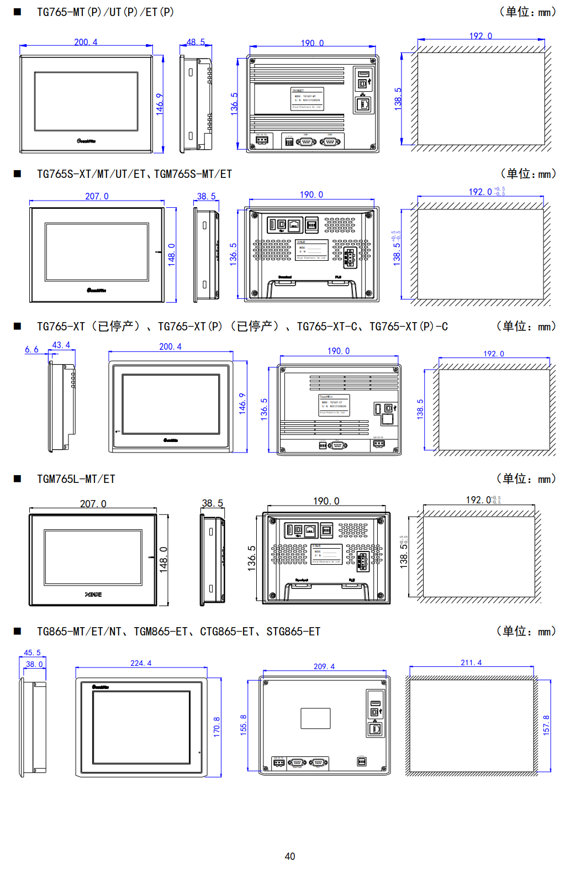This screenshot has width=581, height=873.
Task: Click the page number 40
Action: (x=290, y=856)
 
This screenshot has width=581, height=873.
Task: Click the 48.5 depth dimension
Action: (x=196, y=42)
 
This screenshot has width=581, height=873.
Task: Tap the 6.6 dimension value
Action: (x=31, y=350)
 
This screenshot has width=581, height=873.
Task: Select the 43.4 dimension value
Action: (x=61, y=345)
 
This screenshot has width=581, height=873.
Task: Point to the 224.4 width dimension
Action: (x=141, y=663)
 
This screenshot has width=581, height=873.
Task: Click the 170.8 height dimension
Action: (x=216, y=726)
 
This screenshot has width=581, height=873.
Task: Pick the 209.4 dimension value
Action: (x=324, y=666)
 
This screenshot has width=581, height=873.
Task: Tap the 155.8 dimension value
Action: (x=244, y=724)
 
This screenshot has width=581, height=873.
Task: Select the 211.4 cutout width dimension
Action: (x=471, y=662)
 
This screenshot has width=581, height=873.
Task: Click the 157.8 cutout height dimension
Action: (x=546, y=725)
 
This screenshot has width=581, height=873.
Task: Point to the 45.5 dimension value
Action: (x=32, y=653)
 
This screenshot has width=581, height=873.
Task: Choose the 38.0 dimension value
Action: (x=34, y=664)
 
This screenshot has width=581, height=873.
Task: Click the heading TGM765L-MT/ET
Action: (x=76, y=479)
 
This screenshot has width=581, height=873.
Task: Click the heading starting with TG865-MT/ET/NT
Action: (x=178, y=632)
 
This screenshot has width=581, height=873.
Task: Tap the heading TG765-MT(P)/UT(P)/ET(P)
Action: (x=105, y=12)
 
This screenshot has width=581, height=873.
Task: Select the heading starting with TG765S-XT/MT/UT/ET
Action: (x=134, y=174)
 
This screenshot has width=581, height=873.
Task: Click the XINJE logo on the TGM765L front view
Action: (x=93, y=595)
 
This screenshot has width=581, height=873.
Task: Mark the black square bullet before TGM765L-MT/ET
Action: (x=17, y=479)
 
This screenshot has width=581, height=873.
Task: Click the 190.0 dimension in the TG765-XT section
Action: (x=339, y=351)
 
